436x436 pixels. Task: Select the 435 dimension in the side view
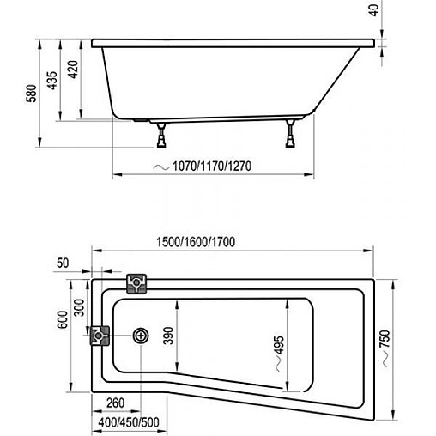(x=52, y=81)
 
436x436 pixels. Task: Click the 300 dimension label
(x=79, y=306)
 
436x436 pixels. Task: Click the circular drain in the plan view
(x=139, y=336)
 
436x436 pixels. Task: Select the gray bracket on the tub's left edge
(x=100, y=336)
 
